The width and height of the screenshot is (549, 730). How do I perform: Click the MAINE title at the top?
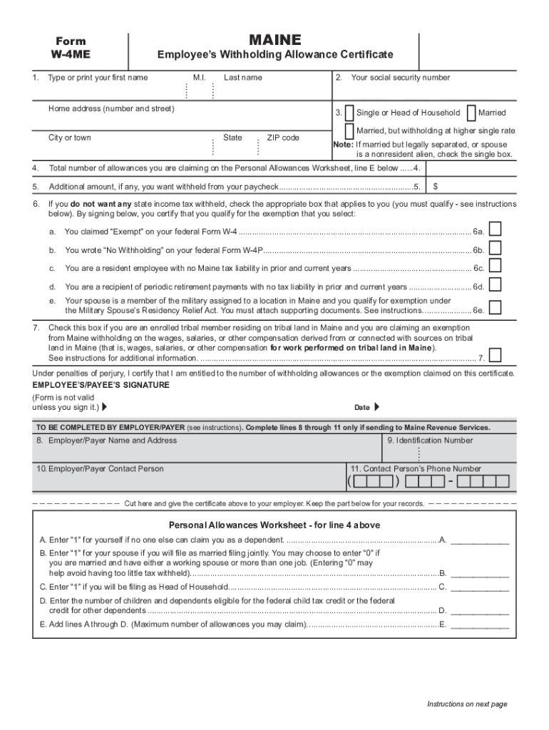click(274, 40)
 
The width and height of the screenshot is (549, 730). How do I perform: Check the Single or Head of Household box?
click(349, 113)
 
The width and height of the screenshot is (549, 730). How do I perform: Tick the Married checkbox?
click(471, 113)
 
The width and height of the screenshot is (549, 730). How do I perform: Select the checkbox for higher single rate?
click(349, 131)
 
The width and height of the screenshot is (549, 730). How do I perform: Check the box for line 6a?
click(495, 228)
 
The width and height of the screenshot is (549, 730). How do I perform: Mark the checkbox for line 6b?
click(495, 247)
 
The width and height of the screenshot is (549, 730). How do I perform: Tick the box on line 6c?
click(495, 265)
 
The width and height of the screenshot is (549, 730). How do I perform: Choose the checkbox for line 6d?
click(495, 284)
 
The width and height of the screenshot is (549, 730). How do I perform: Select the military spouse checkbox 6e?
click(495, 307)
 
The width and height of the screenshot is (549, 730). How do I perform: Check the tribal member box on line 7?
click(495, 355)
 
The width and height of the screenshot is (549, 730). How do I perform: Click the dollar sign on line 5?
click(436, 187)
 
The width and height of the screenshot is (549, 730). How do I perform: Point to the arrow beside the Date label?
click(377, 407)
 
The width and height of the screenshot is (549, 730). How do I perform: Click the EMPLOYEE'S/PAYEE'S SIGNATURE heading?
click(101, 385)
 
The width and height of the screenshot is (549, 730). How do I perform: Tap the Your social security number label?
click(400, 78)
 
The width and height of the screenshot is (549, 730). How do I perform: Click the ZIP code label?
click(283, 138)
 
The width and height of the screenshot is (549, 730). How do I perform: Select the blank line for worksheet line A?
click(480, 540)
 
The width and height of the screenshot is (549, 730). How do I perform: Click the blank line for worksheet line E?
click(480, 625)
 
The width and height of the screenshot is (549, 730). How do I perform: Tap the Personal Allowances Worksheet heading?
click(274, 525)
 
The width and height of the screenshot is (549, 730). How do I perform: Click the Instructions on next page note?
click(467, 704)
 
